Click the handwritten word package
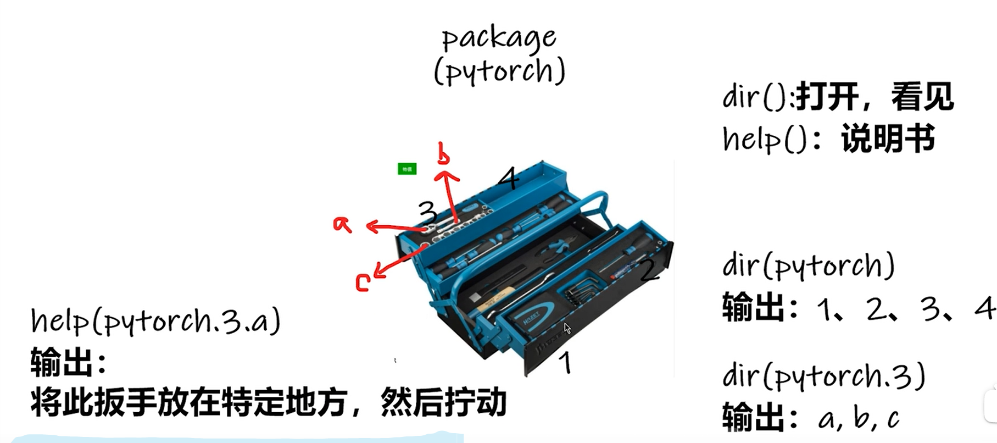click(x=499, y=38)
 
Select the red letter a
click(x=342, y=224)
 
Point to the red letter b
click(x=443, y=153)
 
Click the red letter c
click(x=363, y=283)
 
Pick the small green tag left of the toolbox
click(x=407, y=169)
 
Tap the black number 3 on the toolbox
click(x=427, y=212)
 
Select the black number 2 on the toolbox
click(x=649, y=270)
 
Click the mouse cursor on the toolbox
click(x=567, y=328)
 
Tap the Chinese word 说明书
click(x=888, y=138)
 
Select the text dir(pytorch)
click(x=809, y=267)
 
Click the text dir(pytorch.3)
click(x=825, y=376)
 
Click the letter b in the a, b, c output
click(x=862, y=418)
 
